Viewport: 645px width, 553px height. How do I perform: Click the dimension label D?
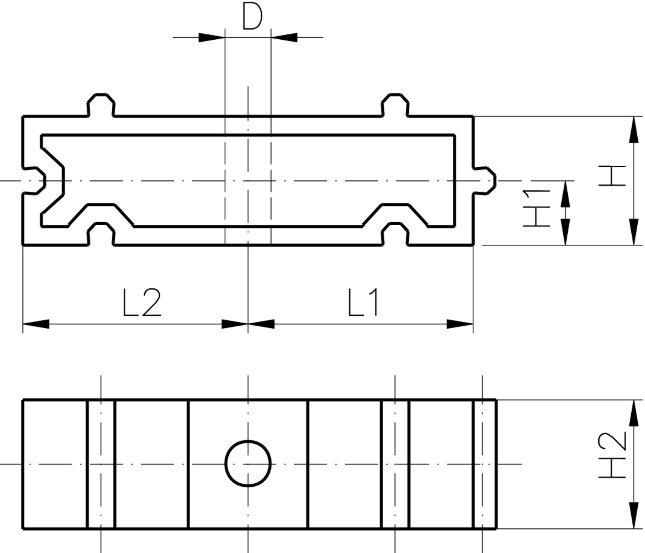click(x=252, y=16)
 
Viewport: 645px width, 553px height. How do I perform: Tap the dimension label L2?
click(x=142, y=302)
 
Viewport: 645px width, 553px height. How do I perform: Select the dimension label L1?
click(x=364, y=302)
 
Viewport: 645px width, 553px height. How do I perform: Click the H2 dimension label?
click(x=613, y=455)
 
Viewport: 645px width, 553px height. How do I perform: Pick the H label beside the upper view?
click(x=613, y=175)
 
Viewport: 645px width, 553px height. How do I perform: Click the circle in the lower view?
click(x=248, y=463)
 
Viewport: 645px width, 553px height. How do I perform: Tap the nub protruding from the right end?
click(x=485, y=180)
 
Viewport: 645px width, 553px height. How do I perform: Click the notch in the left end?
click(x=34, y=180)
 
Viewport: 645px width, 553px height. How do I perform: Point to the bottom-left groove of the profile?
click(x=101, y=234)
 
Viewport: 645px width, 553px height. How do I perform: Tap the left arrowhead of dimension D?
click(x=212, y=38)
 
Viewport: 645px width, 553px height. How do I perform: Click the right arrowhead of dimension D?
click(x=284, y=38)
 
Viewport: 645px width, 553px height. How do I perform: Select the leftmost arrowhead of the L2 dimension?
click(x=36, y=324)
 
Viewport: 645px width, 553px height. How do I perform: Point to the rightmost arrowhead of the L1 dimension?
click(x=460, y=324)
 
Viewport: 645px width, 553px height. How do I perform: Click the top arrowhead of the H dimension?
click(x=634, y=130)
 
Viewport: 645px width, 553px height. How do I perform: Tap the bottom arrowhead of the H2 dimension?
click(x=634, y=515)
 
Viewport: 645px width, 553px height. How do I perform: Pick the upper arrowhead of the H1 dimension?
click(x=565, y=194)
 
